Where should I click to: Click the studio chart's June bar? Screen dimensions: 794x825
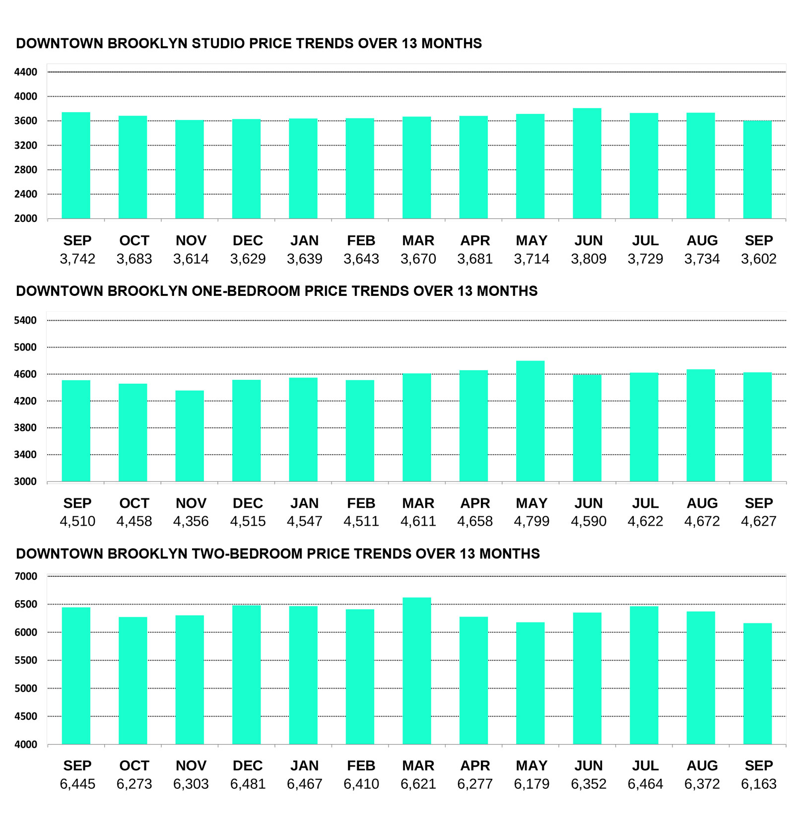pos(587,163)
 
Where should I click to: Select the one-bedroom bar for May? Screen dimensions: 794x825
pos(530,421)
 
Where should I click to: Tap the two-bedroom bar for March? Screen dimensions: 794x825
pos(417,671)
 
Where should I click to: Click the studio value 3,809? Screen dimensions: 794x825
pos(589,259)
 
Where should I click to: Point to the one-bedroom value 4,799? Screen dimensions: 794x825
pos(531,521)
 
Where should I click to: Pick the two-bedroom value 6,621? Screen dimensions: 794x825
pos(418,784)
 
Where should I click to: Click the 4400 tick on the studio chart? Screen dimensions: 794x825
pos(26,72)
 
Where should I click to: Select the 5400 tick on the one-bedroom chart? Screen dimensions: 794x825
pos(26,320)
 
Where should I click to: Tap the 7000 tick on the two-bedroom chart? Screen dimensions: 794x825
pos(26,576)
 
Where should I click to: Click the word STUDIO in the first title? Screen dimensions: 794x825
pos(218,44)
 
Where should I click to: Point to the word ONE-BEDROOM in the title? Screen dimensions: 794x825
pos(246,291)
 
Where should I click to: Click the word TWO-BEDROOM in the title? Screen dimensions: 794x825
pos(247,553)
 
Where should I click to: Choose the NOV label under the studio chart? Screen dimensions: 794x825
pos(191,241)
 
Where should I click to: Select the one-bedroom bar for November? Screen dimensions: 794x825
pos(190,436)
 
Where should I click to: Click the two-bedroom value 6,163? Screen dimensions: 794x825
pos(759,784)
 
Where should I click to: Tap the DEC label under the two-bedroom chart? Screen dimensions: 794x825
pos(248,765)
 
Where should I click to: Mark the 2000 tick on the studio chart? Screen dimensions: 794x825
pos(26,218)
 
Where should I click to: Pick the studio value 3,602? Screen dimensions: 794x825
pos(759,259)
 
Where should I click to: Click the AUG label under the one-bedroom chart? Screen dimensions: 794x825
pos(702,503)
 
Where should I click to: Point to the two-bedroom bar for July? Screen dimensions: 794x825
pos(644,675)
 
